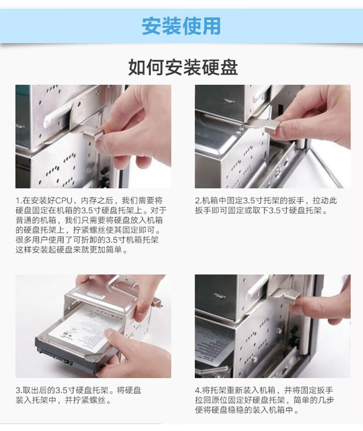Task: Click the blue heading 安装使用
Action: pos(181,26)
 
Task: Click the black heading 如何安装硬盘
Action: pos(183,67)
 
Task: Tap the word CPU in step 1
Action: pos(64,200)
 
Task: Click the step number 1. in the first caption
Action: pos(18,200)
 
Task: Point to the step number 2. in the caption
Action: pos(198,200)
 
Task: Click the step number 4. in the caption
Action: pos(198,390)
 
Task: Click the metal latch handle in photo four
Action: pos(286,298)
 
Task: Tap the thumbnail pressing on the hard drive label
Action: pos(110,334)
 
